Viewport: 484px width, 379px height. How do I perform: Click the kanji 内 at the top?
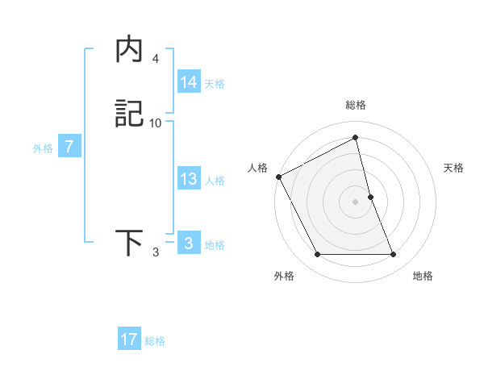129,51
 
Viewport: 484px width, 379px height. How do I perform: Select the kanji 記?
129,115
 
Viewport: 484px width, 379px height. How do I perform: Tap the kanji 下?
129,243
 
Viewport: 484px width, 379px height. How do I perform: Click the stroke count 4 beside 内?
155,59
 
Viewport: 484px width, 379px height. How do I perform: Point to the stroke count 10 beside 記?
156,123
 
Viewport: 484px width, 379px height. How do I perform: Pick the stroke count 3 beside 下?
155,252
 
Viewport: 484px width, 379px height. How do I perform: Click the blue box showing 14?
188,82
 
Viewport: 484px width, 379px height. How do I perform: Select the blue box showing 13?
188,179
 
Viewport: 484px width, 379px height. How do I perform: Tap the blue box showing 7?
69,147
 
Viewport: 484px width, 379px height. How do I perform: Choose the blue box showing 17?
128,339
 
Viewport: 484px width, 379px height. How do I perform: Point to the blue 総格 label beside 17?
155,341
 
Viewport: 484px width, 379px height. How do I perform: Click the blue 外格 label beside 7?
43,148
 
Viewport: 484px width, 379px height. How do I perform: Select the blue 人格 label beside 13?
215,181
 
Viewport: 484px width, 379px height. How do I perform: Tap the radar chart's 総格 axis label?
355,105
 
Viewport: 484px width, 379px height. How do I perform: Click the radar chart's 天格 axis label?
453,168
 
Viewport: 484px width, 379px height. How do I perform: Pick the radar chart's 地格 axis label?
423,276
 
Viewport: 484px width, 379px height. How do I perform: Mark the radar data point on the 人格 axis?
278,177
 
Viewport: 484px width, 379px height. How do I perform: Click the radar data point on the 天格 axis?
370,197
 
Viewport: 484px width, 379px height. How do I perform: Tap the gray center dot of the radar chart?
355,202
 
